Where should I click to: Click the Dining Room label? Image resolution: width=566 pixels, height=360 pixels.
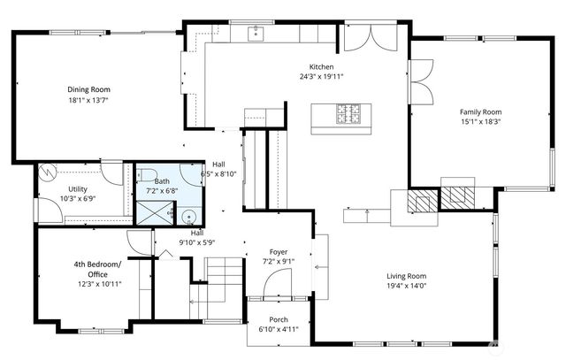[88, 89]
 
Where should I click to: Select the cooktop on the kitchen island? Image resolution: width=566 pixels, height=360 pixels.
[348, 114]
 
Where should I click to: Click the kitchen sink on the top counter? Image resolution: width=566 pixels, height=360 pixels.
[257, 34]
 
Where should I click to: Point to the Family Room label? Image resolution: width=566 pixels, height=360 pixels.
[479, 112]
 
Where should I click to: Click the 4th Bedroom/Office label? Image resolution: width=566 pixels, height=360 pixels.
[97, 269]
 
